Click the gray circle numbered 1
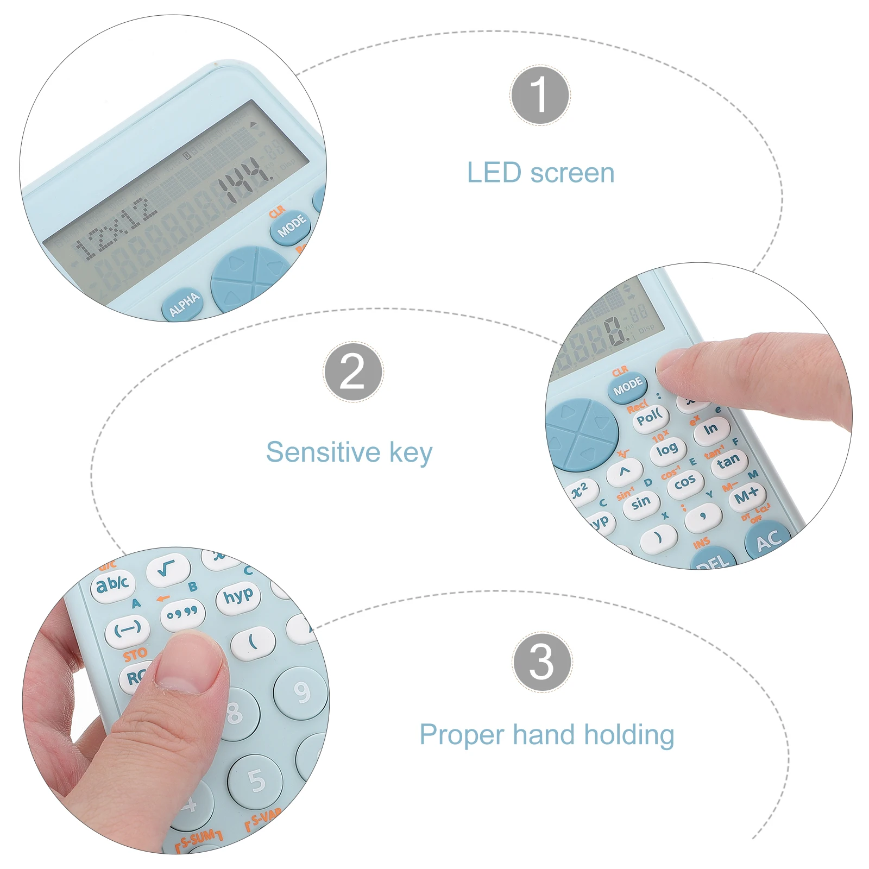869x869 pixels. [540, 95]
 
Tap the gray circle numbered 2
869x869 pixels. [353, 372]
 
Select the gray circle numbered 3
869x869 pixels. [541, 662]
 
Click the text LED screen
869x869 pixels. [540, 173]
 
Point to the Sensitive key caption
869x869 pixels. [349, 452]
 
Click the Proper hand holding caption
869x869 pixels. [546, 735]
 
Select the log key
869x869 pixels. [667, 450]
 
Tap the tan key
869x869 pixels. [728, 462]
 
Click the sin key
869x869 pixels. [641, 502]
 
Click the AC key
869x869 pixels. [768, 540]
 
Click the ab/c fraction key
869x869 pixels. [112, 585]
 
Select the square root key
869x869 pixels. [167, 569]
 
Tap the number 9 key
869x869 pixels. [301, 692]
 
